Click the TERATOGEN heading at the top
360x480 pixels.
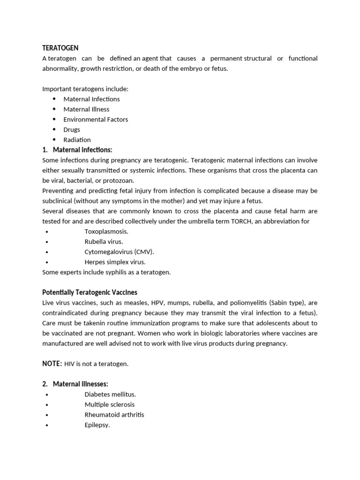tap(60, 48)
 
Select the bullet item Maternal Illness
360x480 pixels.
tap(86, 109)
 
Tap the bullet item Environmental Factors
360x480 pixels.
tap(96, 120)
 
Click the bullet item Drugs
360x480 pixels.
tap(72, 130)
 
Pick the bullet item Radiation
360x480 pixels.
tap(77, 140)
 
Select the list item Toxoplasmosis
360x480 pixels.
tap(106, 232)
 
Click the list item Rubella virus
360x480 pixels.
tap(104, 242)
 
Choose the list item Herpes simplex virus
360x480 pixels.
tap(115, 262)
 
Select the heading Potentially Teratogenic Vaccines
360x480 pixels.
tap(90, 292)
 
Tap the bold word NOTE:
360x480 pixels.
tap(52, 364)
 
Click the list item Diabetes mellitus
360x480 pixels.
tap(110, 395)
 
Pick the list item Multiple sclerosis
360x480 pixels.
tap(110, 405)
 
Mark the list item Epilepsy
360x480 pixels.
tap(97, 425)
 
